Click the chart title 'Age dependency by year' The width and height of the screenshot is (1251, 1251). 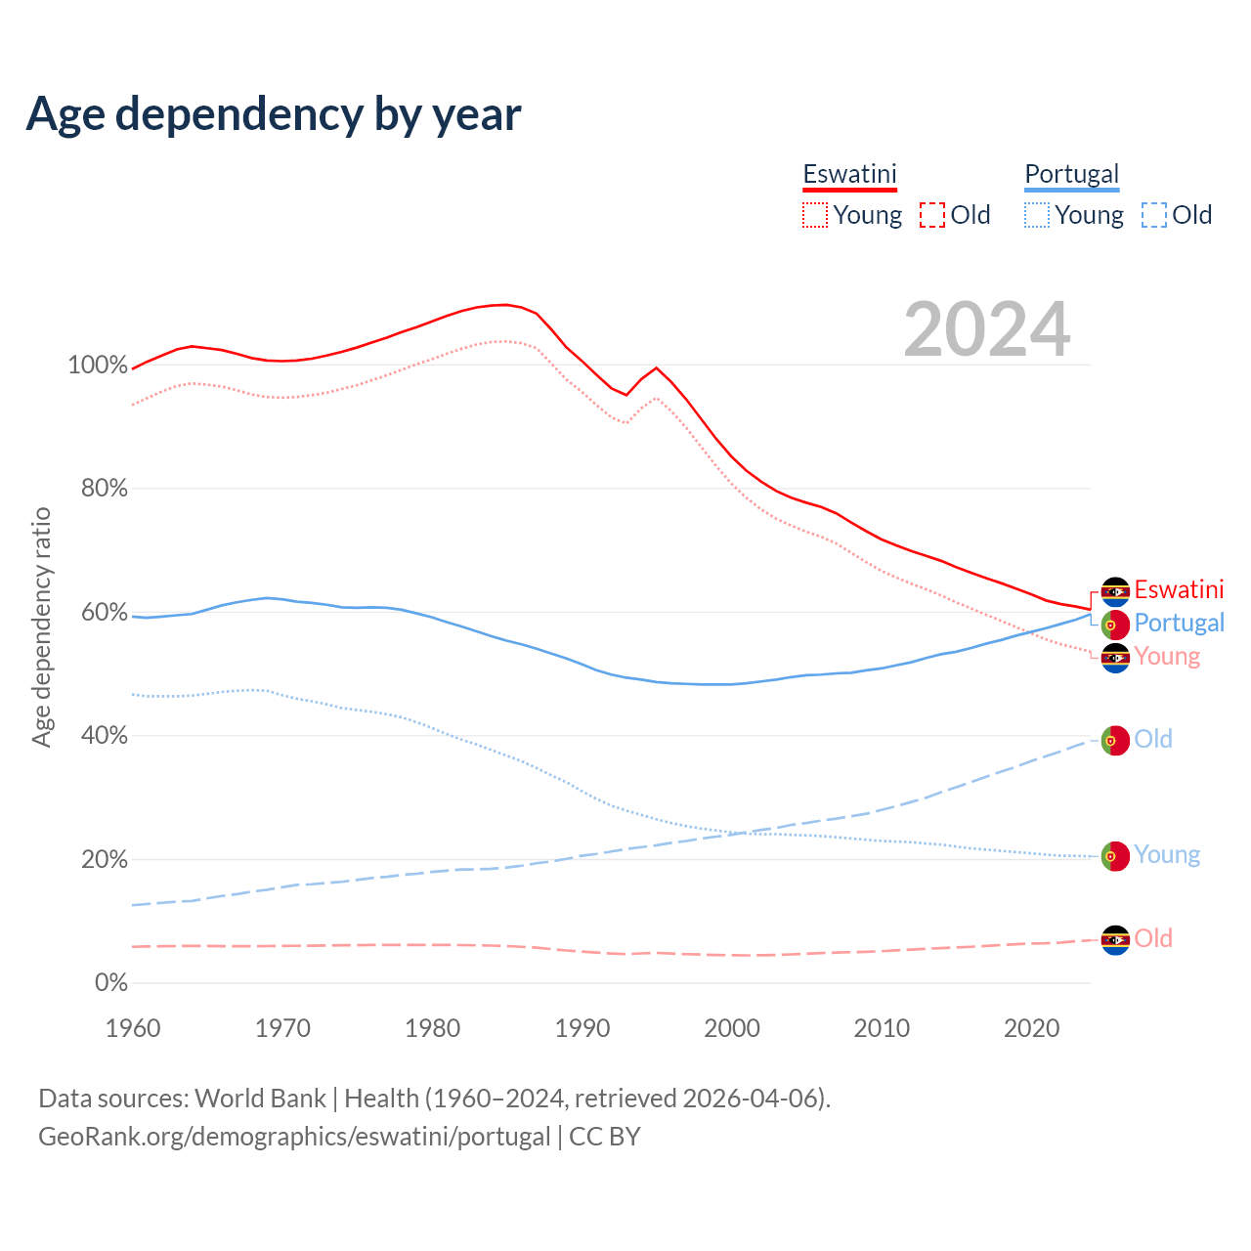tap(274, 114)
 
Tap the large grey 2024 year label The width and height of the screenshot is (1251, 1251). tap(987, 329)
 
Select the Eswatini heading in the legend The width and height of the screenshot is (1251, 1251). tap(849, 174)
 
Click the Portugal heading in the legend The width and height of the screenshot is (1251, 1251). tap(1071, 174)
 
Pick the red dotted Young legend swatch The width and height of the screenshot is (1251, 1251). tap(815, 215)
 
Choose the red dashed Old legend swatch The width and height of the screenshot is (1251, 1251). tap(932, 215)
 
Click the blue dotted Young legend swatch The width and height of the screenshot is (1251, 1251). tap(1037, 215)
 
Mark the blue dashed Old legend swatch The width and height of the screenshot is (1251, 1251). tap(1154, 215)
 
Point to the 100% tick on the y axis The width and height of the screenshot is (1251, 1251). tap(98, 366)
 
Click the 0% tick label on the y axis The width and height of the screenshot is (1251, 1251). tap(111, 983)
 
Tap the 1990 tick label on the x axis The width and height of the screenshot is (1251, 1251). tap(582, 1028)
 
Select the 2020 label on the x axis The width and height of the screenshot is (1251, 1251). tap(1032, 1028)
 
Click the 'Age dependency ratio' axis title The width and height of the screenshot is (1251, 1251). tap(41, 626)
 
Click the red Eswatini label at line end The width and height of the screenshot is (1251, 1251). tap(1179, 589)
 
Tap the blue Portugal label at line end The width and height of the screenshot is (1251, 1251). tap(1179, 623)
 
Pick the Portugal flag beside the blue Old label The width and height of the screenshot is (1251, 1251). tap(1115, 740)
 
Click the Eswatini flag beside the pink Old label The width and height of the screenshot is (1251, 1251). tap(1115, 939)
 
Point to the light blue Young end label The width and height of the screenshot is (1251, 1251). tap(1167, 855)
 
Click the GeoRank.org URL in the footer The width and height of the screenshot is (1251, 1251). tap(294, 1137)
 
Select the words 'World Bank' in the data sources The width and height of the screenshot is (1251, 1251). tap(260, 1099)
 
